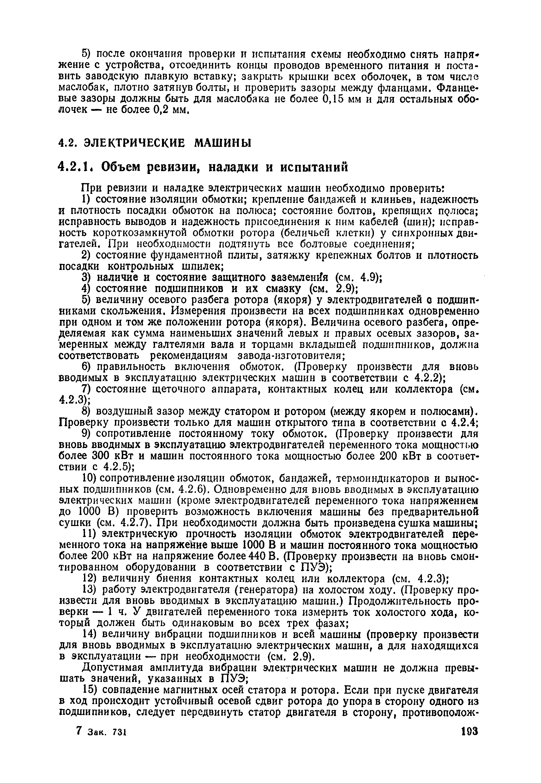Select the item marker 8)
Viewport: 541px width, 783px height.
click(87, 411)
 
